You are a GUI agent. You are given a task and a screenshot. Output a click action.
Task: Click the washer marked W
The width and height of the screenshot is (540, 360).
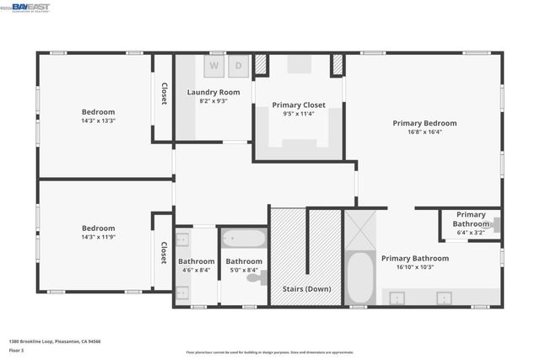214,65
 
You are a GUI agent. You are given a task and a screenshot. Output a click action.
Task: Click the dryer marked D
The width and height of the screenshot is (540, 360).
238,65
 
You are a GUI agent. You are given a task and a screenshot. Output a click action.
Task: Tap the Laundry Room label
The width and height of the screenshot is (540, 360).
213,92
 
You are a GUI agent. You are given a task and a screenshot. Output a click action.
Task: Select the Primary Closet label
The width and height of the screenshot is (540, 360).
299,105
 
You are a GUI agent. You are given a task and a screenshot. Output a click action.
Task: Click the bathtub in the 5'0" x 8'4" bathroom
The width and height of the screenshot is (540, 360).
244,239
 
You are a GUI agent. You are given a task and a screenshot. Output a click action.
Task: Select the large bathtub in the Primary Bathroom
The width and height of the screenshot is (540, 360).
359,277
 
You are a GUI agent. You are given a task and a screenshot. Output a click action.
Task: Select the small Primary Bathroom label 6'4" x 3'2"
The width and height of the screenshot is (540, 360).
471,219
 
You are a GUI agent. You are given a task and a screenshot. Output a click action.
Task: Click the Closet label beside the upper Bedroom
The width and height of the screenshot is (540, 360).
164,94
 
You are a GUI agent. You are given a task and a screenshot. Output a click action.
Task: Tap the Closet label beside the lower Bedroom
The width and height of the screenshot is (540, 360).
164,252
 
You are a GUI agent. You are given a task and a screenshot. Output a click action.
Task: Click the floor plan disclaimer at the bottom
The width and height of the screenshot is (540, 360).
270,352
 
